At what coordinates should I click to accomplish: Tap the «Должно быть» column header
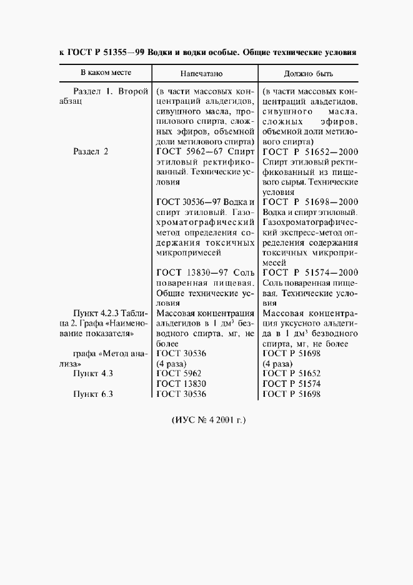tap(308, 74)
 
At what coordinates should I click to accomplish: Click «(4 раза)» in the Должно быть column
tap(277, 363)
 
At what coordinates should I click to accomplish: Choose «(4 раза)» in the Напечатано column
tap(170, 363)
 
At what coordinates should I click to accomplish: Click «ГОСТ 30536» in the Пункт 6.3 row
tap(181, 394)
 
